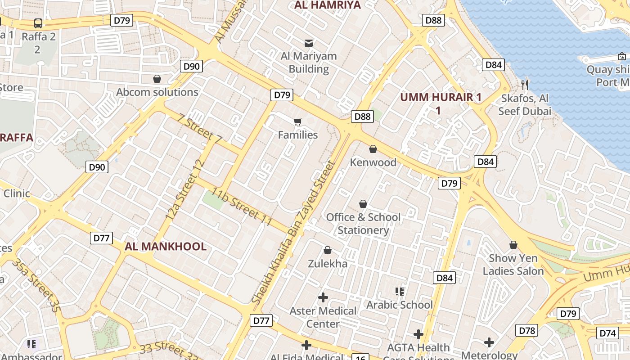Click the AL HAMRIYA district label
click(x=327, y=5)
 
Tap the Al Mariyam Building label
click(x=309, y=63)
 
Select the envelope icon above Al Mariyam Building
click(x=309, y=43)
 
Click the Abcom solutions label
click(x=157, y=92)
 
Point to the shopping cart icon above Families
click(x=297, y=122)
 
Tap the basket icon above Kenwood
click(x=373, y=149)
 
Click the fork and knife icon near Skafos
click(x=524, y=85)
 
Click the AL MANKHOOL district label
click(x=166, y=247)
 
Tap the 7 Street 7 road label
click(x=200, y=129)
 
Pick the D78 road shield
click(x=527, y=331)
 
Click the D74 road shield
click(x=607, y=333)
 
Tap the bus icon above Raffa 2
click(x=38, y=23)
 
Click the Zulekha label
click(x=328, y=264)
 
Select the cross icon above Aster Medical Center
click(x=323, y=297)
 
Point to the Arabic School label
click(x=400, y=305)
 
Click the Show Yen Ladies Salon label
click(x=513, y=265)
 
